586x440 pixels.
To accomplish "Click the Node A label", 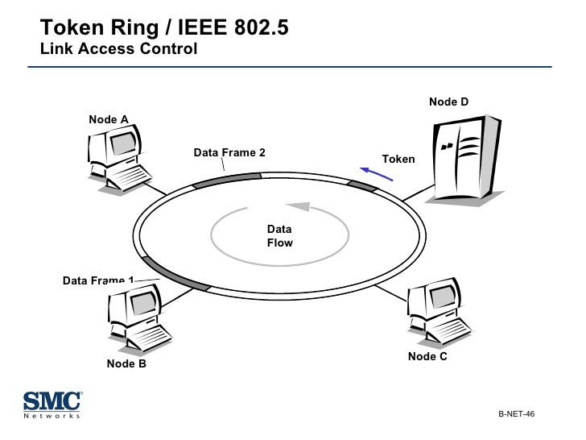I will click(109, 120).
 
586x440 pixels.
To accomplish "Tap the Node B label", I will click(126, 363).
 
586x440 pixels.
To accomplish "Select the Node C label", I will click(427, 356).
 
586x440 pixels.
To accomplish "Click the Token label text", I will click(398, 159).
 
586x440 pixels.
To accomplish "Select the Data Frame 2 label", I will click(229, 152).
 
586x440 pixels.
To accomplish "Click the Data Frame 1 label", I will click(98, 280).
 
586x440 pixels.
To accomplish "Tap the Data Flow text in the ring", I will click(280, 236).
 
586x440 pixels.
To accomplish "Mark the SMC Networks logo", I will click(52, 405).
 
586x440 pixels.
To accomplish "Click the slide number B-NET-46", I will click(516, 413).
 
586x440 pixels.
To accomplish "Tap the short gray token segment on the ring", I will click(361, 186).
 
